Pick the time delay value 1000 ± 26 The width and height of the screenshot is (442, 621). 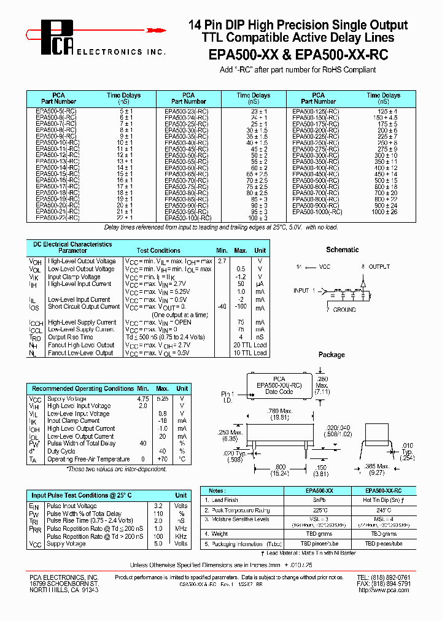(384, 212)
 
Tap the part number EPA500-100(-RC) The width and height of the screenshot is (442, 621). (187, 218)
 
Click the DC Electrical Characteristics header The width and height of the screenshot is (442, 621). (73, 244)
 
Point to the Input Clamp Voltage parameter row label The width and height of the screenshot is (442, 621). (74, 277)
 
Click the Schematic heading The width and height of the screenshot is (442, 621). (342, 250)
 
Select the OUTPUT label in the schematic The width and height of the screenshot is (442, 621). (379, 268)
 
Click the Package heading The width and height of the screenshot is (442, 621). (331, 355)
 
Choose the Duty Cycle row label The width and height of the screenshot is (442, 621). (64, 451)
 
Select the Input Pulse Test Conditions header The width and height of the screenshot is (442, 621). (82, 495)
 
